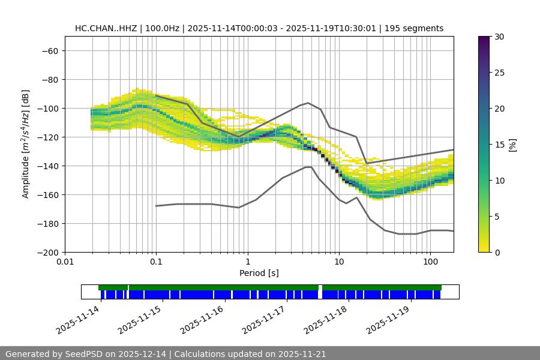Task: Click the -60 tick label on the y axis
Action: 49,51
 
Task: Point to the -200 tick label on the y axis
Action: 47,253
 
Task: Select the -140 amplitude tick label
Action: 47,166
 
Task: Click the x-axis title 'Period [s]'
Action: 259,274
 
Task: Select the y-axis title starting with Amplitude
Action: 26,144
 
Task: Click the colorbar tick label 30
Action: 499,37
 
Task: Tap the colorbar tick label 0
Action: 496,253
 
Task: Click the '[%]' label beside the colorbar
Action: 512,145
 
